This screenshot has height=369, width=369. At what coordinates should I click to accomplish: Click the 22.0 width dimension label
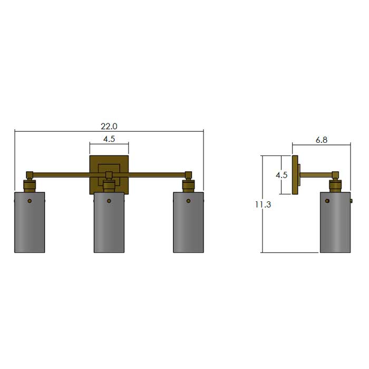(x=109, y=127)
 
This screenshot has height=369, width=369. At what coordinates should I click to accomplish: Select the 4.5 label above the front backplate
(x=109, y=139)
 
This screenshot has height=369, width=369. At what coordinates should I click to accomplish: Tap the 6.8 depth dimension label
(x=322, y=140)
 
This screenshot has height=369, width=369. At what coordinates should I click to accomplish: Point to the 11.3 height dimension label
(x=263, y=205)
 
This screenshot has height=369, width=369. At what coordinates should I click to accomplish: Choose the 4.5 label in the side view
(x=281, y=175)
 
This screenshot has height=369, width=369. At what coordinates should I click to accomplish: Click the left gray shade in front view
(x=30, y=222)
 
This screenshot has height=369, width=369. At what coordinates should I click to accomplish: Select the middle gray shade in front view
(x=109, y=222)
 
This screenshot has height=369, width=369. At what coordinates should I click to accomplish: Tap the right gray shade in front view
(x=189, y=222)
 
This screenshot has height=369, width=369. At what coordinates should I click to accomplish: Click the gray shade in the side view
(x=335, y=222)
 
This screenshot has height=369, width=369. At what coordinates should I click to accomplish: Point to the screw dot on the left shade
(x=30, y=201)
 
